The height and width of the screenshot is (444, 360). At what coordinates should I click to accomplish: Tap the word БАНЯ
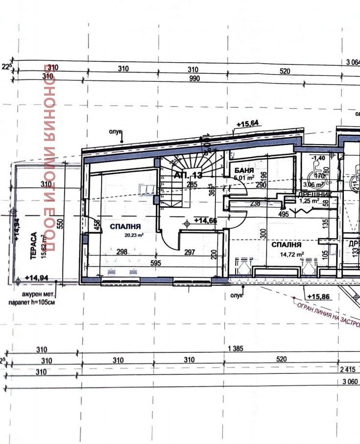click(x=243, y=171)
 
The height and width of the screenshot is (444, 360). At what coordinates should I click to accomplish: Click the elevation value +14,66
click(x=206, y=221)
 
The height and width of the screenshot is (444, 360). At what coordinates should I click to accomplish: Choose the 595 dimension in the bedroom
click(x=156, y=263)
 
